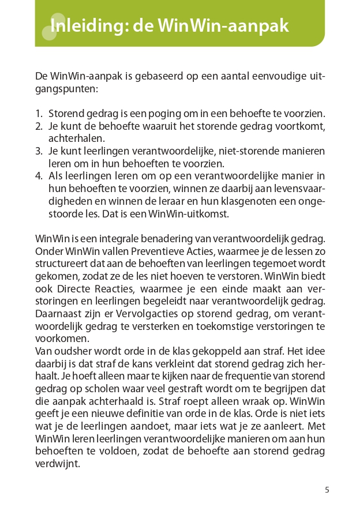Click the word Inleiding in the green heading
pos(87,26)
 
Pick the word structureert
pos(59,264)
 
